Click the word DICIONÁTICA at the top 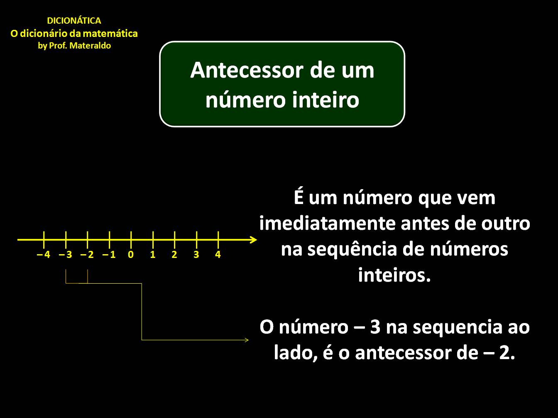click(74, 21)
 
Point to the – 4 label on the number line click(44, 255)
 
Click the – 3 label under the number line click(66, 255)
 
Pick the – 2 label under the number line click(88, 255)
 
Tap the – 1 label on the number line click(109, 255)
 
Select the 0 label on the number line click(131, 255)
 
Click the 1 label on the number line click(153, 255)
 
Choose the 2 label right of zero click(174, 255)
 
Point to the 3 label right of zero click(196, 255)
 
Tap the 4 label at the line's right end click(218, 255)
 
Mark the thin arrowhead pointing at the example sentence click(246, 340)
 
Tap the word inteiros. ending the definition click(394, 275)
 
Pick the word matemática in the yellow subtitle click(113, 34)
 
